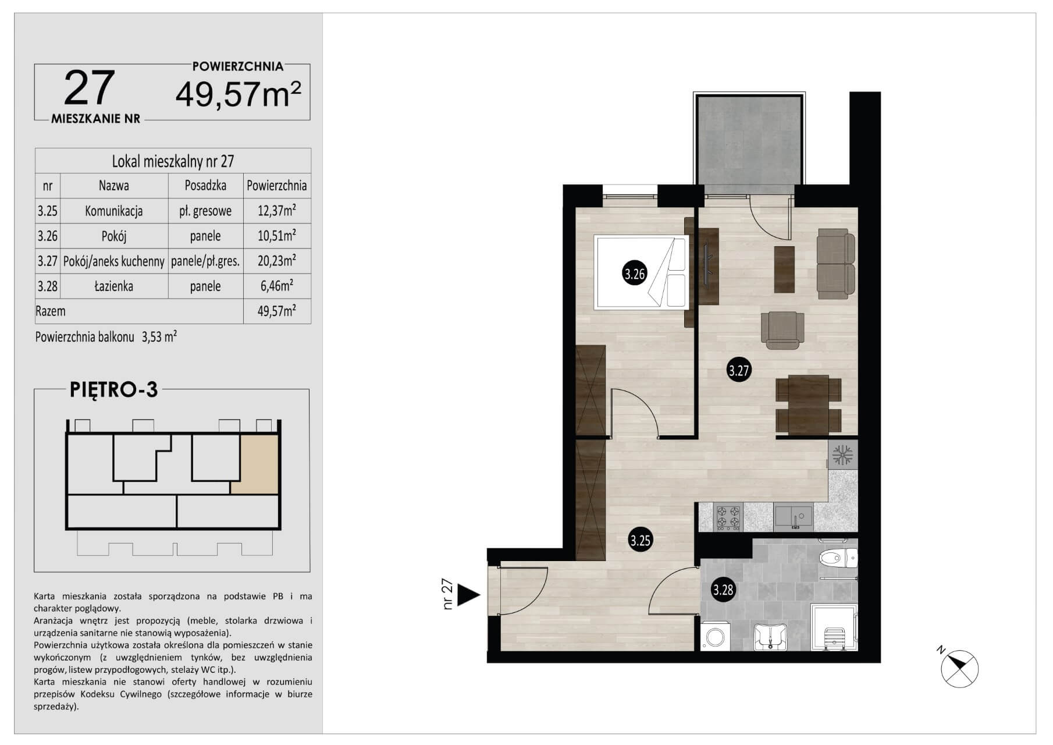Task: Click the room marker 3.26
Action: pos(635,274)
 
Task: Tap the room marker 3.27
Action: pos(739,370)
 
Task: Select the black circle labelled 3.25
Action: pos(641,540)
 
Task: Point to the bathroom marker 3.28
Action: pos(724,590)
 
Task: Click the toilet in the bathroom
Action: pos(838,558)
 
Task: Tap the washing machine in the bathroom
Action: pos(714,637)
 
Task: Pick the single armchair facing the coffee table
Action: pos(782,330)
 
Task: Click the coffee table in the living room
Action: pos(784,269)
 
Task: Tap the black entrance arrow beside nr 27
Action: pos(468,595)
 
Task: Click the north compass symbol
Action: pos(959,668)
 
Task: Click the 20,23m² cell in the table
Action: pos(276,261)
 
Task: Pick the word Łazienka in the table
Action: pos(114,286)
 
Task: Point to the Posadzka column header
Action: pos(205,186)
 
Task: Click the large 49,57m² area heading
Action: pos(239,94)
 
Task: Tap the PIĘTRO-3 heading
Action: pos(114,389)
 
